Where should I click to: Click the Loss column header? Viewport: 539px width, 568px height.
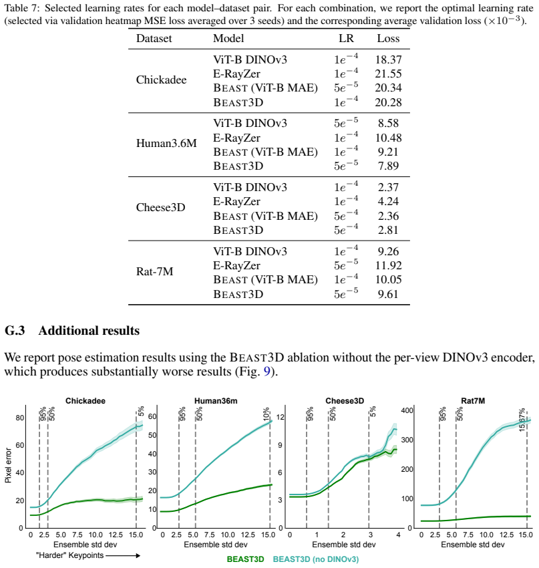pyautogui.click(x=388, y=38)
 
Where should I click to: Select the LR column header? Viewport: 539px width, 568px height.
pyautogui.click(x=346, y=38)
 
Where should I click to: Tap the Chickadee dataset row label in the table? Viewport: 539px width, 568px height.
pyautogui.click(x=161, y=80)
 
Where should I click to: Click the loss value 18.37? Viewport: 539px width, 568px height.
pyautogui.click(x=388, y=59)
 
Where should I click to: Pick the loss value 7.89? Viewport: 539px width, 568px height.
pyautogui.click(x=388, y=166)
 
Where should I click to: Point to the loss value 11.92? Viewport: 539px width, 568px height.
pyautogui.click(x=388, y=265)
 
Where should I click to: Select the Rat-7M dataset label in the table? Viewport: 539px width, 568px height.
pyautogui.click(x=154, y=271)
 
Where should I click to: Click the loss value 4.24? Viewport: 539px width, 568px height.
pyautogui.click(x=388, y=201)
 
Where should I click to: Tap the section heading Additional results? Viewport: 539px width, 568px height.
pyautogui.click(x=89, y=330)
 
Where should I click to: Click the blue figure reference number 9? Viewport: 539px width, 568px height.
pyautogui.click(x=266, y=372)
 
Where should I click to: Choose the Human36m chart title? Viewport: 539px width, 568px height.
pyautogui.click(x=216, y=401)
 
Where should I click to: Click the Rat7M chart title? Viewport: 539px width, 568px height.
pyautogui.click(x=473, y=401)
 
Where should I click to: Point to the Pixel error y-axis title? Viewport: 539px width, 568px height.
pyautogui.click(x=8, y=466)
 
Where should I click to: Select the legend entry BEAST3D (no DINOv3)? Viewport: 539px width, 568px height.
pyautogui.click(x=316, y=559)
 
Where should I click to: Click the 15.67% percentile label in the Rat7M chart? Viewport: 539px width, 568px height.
pyautogui.click(x=522, y=420)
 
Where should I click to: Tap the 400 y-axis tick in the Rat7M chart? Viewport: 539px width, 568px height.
pyautogui.click(x=407, y=410)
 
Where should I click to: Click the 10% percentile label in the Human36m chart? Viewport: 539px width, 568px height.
pyautogui.click(x=266, y=414)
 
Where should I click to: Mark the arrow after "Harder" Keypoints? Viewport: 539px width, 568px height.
pyautogui.click(x=123, y=556)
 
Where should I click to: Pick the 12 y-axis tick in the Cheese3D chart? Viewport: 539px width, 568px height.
pyautogui.click(x=281, y=417)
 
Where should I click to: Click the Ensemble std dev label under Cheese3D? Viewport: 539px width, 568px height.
pyautogui.click(x=344, y=545)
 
